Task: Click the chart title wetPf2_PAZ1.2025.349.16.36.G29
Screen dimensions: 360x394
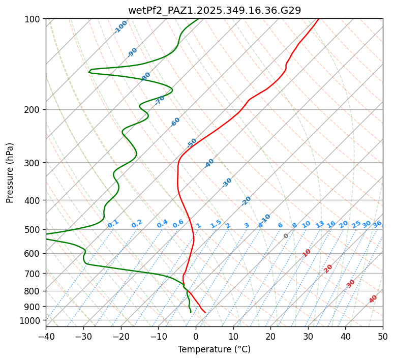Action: click(215, 10)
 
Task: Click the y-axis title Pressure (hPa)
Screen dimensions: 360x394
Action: click(10, 173)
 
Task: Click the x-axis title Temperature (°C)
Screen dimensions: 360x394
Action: click(215, 350)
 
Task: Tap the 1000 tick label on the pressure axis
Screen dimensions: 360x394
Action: click(31, 320)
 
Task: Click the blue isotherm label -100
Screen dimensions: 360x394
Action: click(120, 27)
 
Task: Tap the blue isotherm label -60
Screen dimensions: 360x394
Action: click(175, 122)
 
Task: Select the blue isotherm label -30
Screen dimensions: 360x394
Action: click(227, 183)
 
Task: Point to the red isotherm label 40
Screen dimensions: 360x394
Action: click(373, 299)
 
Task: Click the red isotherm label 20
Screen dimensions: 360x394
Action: click(328, 268)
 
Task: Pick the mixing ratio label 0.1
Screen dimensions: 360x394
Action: click(113, 223)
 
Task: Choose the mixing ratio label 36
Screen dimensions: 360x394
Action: click(377, 224)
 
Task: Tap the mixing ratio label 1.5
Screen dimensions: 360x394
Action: click(216, 223)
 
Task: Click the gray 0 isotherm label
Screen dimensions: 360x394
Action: click(286, 236)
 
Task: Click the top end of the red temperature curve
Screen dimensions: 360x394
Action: click(319, 19)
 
